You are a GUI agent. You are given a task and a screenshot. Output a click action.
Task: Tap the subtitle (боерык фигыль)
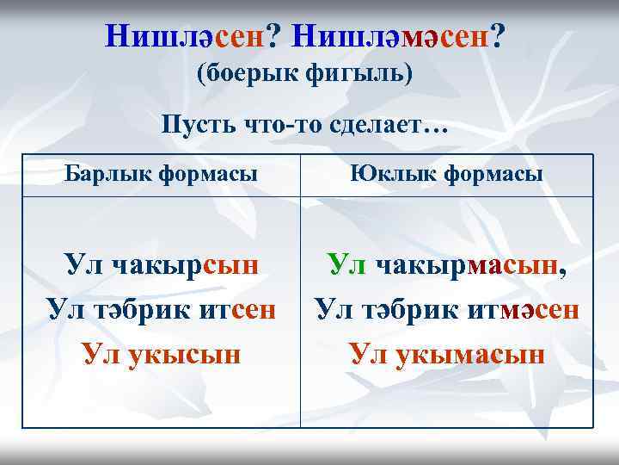click(x=305, y=75)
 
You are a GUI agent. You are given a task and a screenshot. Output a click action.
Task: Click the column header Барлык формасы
click(x=162, y=174)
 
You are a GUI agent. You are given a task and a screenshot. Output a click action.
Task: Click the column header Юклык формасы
click(x=445, y=174)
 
